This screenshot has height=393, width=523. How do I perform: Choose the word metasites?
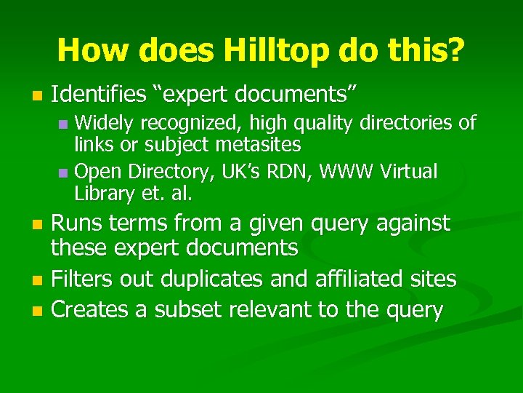click(x=259, y=145)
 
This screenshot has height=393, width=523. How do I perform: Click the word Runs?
click(x=76, y=222)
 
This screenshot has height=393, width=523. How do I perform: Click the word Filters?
click(x=82, y=279)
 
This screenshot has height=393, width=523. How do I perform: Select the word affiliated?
click(x=370, y=279)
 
